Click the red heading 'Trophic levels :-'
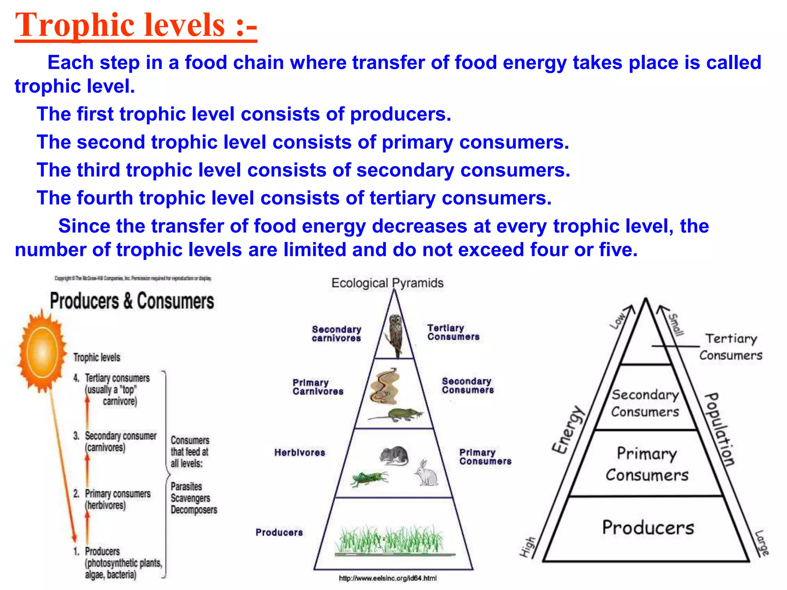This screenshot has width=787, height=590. [x=136, y=25]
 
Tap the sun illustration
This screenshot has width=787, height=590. [x=42, y=351]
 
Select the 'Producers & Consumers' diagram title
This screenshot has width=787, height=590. [x=132, y=301]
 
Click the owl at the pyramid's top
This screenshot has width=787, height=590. [x=395, y=334]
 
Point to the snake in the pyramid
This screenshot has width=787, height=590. [x=384, y=386]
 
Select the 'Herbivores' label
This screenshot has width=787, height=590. [x=300, y=452]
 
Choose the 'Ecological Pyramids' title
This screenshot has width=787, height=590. [x=387, y=283]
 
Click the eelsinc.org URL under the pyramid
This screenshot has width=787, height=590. [x=388, y=578]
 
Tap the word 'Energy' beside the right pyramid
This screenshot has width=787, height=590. [x=568, y=430]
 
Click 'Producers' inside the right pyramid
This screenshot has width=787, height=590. [x=648, y=527]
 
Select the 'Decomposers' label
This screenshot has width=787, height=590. [x=194, y=510]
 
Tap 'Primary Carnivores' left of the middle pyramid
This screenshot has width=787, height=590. [x=318, y=387]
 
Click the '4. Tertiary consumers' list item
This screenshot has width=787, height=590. [x=111, y=378]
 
